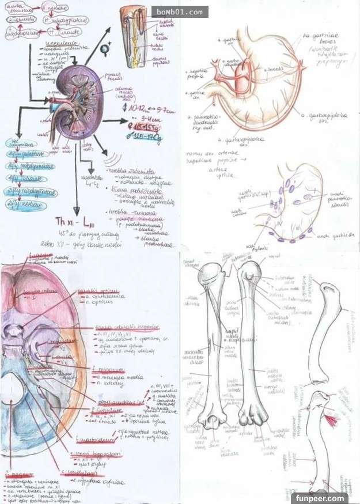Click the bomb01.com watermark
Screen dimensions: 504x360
tap(180, 12)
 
